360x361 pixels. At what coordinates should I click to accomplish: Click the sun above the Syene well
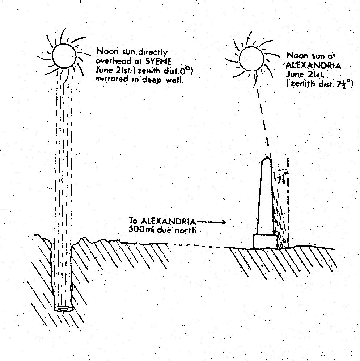(x=64, y=55)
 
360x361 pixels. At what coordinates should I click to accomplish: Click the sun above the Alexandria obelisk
(x=251, y=59)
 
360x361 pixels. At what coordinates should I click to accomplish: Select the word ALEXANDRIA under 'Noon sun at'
(x=313, y=66)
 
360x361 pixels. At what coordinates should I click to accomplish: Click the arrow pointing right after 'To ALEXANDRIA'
(x=211, y=222)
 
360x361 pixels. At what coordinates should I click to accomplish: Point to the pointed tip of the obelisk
(x=267, y=157)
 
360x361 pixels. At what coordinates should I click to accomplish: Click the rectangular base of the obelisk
(x=265, y=241)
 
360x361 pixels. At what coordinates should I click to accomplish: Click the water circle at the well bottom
(x=64, y=309)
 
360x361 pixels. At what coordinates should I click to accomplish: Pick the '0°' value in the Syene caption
(x=186, y=70)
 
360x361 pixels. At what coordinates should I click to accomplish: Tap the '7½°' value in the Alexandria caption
(x=344, y=84)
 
